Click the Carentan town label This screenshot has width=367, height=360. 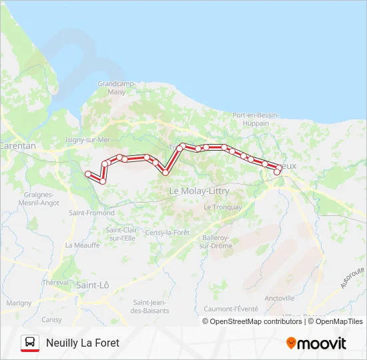click(18, 145)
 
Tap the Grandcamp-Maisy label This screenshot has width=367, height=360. click(117, 87)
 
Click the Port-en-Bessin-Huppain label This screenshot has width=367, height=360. click(251, 119)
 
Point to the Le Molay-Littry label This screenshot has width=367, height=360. click(199, 191)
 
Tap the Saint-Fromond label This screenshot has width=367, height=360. click(92, 213)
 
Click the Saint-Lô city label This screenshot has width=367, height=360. click(93, 285)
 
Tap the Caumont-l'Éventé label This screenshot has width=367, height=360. click(230, 309)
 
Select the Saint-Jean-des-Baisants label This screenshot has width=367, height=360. click(150, 306)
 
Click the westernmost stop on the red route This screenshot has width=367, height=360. click(87, 174)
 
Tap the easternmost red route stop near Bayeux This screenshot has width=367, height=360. click(278, 172)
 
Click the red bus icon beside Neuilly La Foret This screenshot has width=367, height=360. click(30, 343)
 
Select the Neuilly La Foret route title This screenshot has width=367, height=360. click(83, 343)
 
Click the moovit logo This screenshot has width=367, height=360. click(316, 343)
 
